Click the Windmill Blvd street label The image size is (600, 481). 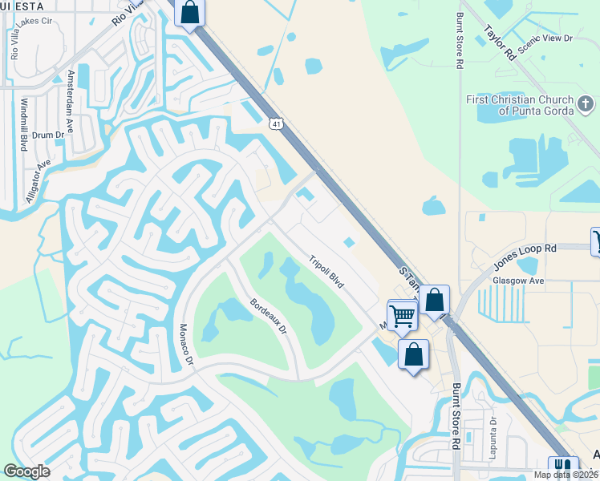[23, 125]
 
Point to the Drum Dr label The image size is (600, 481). [48, 135]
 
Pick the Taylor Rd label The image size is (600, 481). [499, 43]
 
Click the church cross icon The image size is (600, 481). [586, 103]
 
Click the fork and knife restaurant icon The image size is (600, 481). [563, 467]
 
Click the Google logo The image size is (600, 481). [27, 471]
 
